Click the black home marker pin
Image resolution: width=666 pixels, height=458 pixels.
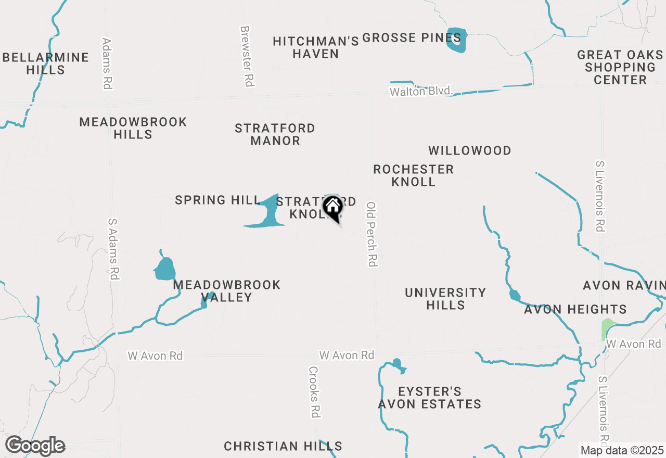(x=332, y=208)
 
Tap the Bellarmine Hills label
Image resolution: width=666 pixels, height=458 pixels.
(x=46, y=63)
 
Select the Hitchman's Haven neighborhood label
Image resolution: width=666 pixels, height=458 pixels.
(x=316, y=47)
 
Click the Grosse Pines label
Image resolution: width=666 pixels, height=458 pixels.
(x=412, y=38)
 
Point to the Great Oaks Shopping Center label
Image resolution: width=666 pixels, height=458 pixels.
(x=620, y=67)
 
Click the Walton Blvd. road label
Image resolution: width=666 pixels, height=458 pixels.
(x=421, y=92)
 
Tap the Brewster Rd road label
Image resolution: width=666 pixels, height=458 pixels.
(x=247, y=56)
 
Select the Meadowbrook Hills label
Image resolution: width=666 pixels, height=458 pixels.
(x=133, y=128)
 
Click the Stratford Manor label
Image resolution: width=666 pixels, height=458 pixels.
(x=275, y=134)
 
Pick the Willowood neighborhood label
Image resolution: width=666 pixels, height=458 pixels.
(x=470, y=151)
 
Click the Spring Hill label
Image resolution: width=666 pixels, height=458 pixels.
(x=217, y=200)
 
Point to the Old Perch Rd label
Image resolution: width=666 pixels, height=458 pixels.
(x=372, y=234)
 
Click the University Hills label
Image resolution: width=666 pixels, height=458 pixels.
(x=445, y=299)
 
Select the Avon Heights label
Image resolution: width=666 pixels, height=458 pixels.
(x=575, y=310)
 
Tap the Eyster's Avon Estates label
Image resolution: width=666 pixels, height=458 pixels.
(x=429, y=398)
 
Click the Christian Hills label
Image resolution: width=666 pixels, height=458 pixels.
(x=283, y=446)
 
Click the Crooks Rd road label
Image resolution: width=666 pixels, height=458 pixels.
(x=314, y=392)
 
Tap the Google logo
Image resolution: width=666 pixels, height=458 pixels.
(x=35, y=446)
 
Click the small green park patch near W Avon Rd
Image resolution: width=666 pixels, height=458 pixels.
(x=606, y=328)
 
